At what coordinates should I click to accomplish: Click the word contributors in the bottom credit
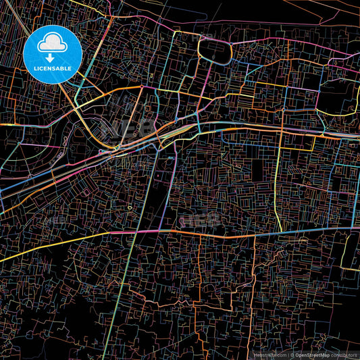coord(344,355)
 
